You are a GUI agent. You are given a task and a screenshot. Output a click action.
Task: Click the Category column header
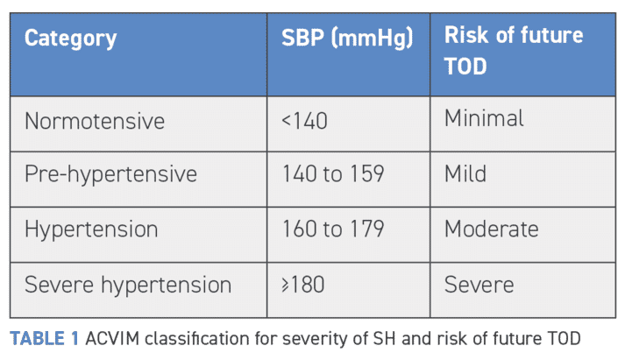point(70,39)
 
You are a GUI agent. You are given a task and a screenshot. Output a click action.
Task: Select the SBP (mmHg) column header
point(347,39)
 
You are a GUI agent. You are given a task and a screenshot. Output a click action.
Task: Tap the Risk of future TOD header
point(514,50)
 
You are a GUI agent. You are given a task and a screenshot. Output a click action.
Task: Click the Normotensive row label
point(95,121)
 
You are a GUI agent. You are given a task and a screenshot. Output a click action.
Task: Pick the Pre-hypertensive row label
point(110,174)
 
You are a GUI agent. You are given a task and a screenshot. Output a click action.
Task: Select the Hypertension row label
point(91,229)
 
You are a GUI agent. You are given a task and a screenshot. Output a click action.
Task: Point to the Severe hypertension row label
point(128,286)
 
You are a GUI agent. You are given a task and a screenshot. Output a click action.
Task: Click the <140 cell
point(304,121)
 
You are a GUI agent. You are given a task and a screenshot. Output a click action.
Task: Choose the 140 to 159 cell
point(333,173)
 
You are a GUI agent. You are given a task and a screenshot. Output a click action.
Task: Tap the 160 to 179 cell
point(333,229)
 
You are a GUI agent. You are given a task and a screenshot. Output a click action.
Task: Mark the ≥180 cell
point(303,285)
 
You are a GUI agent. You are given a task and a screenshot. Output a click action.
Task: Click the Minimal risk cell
point(484,118)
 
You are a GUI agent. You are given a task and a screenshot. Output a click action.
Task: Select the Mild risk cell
point(465,173)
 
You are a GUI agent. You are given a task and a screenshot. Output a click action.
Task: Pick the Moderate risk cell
point(492,229)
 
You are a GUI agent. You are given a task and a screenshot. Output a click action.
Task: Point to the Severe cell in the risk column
point(479,285)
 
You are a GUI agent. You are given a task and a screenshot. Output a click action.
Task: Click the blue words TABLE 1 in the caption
point(44,339)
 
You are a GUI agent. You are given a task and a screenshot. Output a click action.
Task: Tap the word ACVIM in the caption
point(112,339)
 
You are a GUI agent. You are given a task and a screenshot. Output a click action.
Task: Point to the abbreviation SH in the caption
point(384,339)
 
